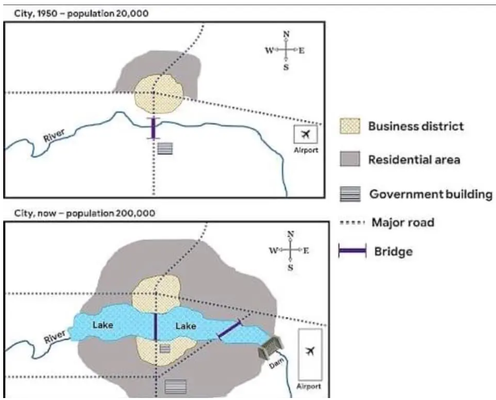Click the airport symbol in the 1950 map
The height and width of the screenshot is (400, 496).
coord(305,135)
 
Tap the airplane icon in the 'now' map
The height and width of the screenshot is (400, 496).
coord(311,351)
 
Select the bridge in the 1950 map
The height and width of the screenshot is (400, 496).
coord(153,128)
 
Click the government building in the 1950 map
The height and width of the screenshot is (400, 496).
coord(165,149)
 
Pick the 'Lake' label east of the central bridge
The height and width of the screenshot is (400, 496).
coord(186,326)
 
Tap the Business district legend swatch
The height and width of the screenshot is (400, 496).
coord(350,126)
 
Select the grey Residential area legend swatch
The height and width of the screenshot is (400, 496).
coord(350,159)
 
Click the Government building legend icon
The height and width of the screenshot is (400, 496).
coord(350,194)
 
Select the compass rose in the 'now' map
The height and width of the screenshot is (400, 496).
coord(290,249)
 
